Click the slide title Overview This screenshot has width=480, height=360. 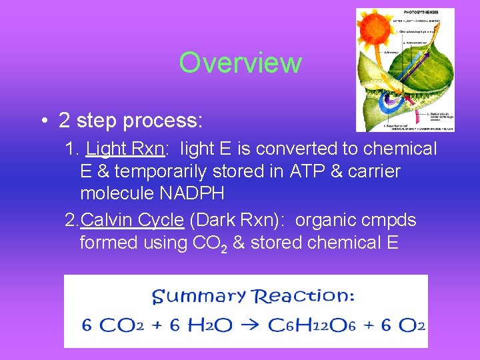click(240, 63)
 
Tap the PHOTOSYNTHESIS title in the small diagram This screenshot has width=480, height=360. click(422, 12)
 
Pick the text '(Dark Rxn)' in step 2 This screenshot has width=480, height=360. click(237, 220)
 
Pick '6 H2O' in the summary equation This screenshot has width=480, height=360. click(201, 325)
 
